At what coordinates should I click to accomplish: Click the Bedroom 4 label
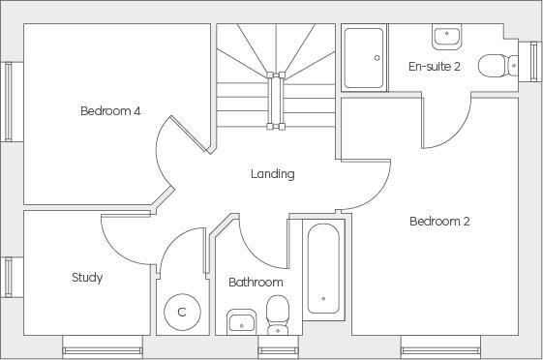tap(110, 111)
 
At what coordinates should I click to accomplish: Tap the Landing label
tap(272, 174)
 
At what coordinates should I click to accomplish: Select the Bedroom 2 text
tap(439, 222)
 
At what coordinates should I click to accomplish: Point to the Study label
tap(87, 278)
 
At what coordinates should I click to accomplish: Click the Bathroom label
tap(256, 283)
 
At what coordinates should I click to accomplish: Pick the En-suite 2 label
tap(435, 67)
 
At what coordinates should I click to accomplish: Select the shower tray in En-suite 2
tap(365, 58)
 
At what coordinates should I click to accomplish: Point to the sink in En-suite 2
tap(446, 36)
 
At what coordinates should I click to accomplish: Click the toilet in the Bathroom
tap(278, 312)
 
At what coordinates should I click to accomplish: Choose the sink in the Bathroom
tap(241, 321)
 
